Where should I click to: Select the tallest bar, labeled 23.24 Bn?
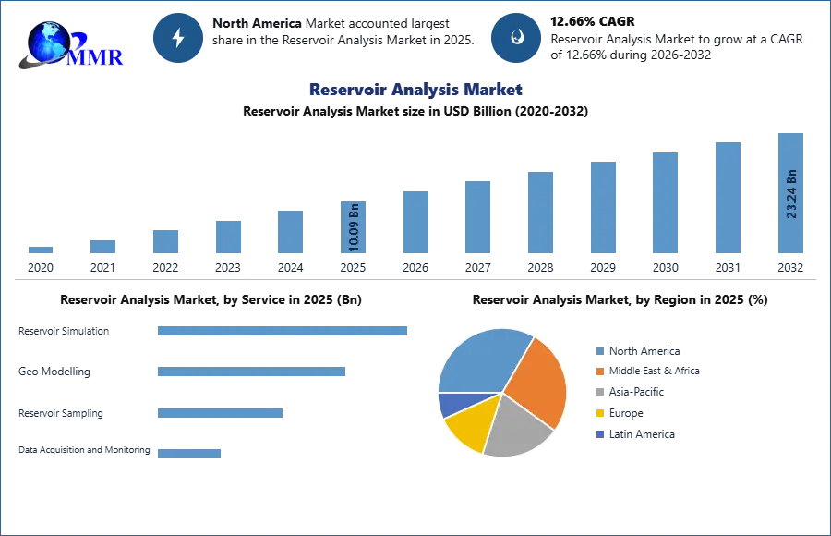[790, 194]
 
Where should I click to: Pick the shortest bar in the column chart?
[41, 250]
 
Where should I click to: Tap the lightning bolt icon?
[179, 38]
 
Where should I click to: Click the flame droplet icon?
[516, 38]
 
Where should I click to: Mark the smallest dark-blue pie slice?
[452, 404]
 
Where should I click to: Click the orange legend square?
[598, 371]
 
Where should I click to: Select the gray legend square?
[598, 393]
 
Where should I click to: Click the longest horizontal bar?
[283, 333]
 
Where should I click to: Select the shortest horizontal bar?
[188, 451]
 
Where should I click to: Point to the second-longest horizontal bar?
[250, 371]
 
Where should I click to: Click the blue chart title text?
[414, 90]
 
